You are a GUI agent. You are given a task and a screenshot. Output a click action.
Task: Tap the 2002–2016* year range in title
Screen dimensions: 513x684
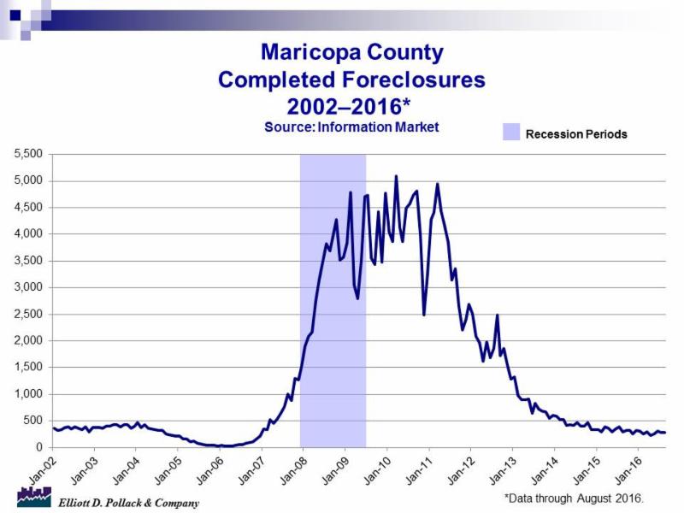351,108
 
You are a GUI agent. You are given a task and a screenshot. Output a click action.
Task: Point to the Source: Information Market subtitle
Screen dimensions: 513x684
351,127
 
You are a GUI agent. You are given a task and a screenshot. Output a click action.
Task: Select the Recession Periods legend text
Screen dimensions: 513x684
576,134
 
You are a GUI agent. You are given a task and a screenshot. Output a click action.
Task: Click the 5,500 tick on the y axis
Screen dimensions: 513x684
30,154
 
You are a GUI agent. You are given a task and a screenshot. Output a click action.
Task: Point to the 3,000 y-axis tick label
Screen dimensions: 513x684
30,287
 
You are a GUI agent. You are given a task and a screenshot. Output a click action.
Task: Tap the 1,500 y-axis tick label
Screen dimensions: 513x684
30,368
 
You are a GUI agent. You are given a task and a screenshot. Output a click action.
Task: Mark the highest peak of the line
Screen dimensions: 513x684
396,176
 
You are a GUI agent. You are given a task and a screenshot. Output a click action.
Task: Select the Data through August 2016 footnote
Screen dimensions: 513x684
574,498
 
